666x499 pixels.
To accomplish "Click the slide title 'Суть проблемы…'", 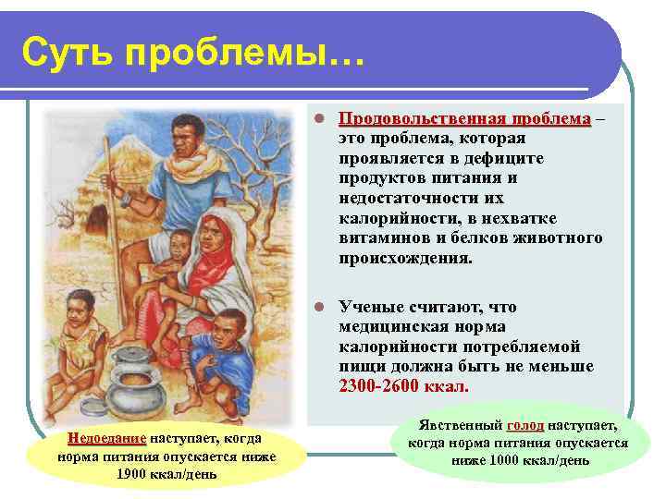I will [194, 53].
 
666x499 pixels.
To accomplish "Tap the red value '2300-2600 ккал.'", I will [404, 385].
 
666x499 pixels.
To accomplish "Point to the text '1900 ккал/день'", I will [166, 474].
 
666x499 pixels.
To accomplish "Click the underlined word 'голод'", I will [524, 425].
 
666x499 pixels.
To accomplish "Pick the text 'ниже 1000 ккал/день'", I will [521, 460].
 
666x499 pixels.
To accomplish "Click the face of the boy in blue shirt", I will [229, 331].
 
